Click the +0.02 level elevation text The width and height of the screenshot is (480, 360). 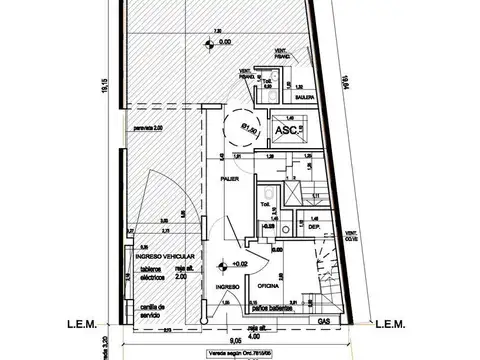(240, 264)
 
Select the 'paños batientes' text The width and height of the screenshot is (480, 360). (274, 310)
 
